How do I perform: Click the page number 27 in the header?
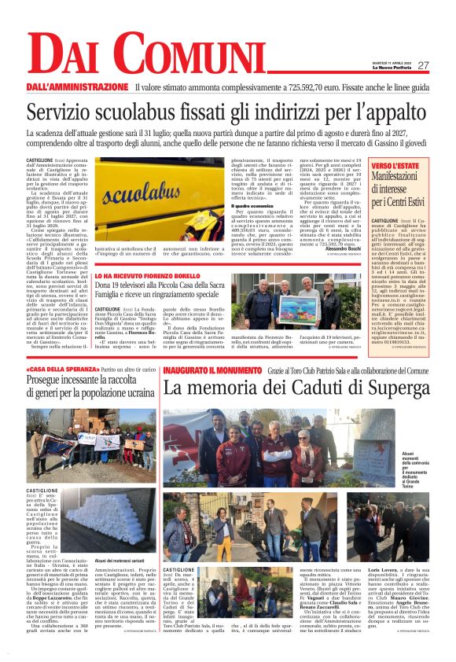coord(423,65)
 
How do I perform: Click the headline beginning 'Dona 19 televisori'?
coord(167,292)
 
